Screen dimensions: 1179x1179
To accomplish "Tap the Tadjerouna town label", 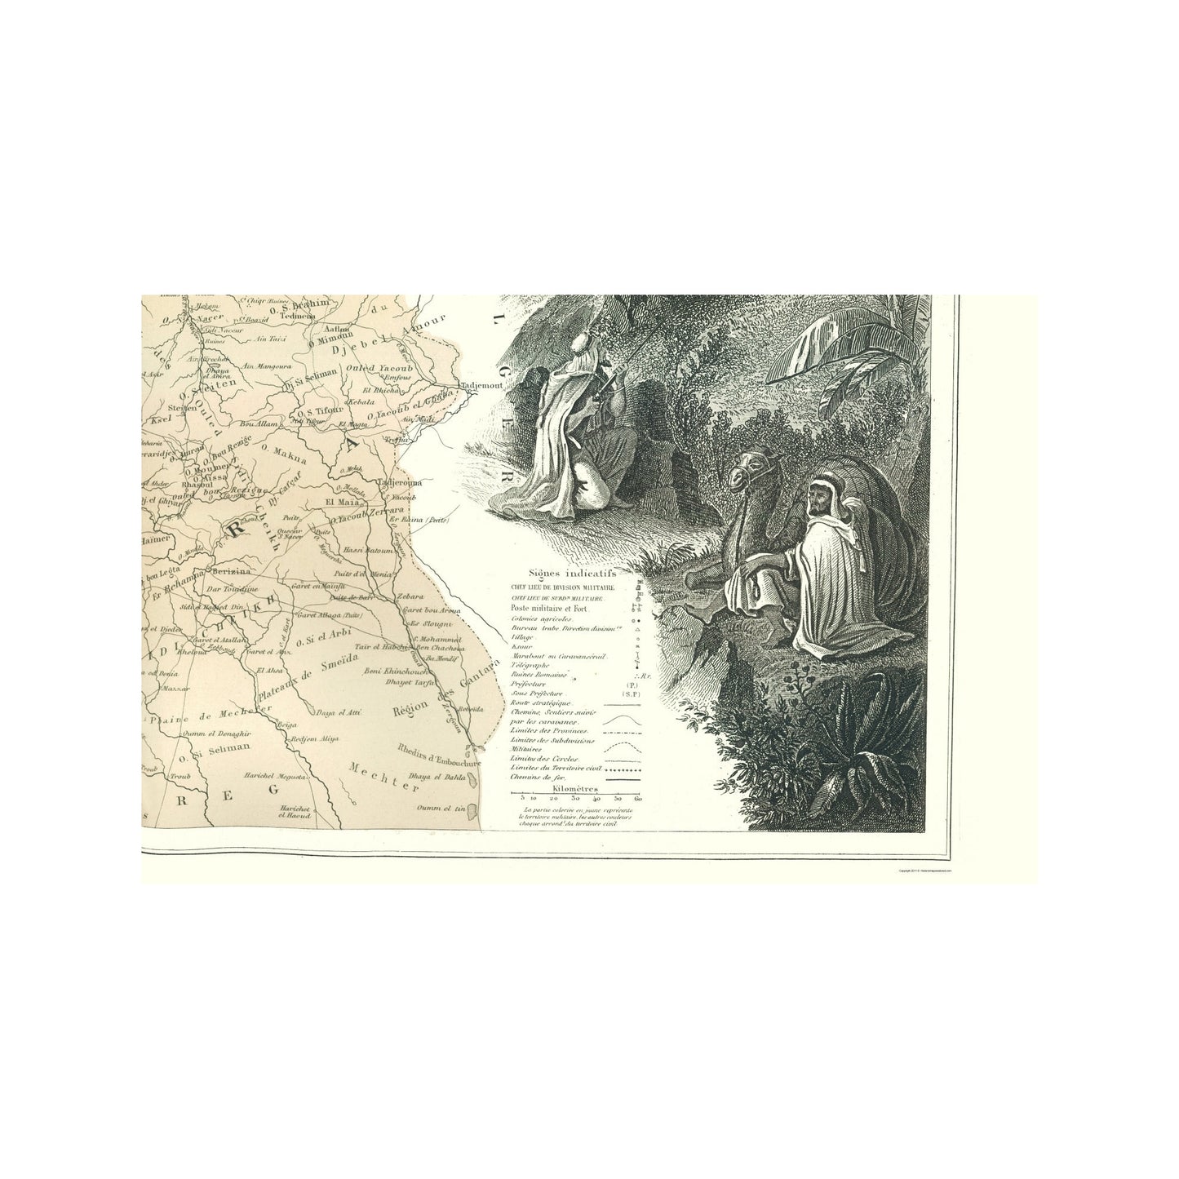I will point(397,483).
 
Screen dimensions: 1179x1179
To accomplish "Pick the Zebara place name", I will point(410,596).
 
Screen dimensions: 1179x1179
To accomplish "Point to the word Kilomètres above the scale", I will point(574,789).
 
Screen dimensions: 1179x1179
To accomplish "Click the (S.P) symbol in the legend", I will point(628,693).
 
